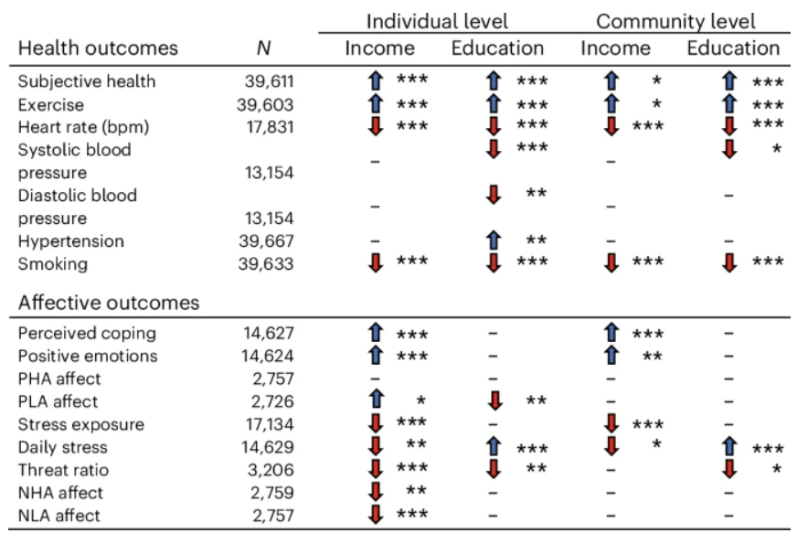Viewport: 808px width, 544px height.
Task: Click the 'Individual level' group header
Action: point(436,20)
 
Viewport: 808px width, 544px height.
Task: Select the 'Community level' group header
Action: point(675,20)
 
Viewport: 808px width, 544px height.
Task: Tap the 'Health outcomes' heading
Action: point(98,48)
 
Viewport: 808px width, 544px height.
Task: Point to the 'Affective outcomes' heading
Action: point(109,302)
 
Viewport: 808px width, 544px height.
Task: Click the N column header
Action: point(263,48)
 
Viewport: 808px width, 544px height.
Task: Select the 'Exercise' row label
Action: point(51,104)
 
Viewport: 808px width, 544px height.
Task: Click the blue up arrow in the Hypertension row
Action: point(494,241)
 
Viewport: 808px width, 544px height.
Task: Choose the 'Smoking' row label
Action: point(53,264)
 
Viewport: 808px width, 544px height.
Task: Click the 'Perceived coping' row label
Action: point(87,334)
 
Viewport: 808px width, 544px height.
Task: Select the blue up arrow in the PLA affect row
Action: point(374,401)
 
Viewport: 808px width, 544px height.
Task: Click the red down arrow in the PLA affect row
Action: point(494,401)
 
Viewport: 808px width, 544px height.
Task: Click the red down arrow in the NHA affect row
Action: point(374,493)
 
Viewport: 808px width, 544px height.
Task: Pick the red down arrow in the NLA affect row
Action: point(374,516)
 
